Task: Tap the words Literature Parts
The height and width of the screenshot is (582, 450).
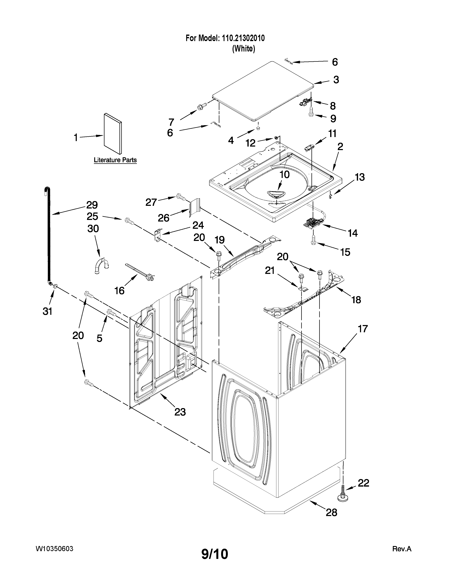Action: pyautogui.click(x=115, y=160)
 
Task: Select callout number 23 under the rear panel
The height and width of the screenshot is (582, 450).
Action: pyautogui.click(x=180, y=412)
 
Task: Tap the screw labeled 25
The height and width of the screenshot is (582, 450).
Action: pyautogui.click(x=129, y=221)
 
